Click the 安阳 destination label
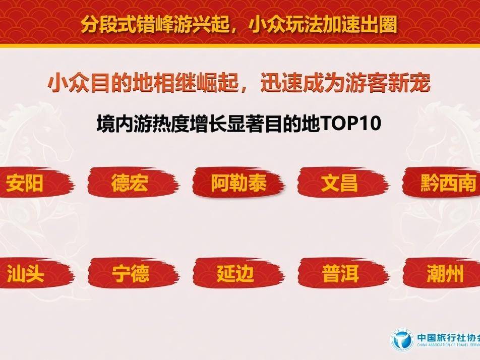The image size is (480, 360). [25, 183]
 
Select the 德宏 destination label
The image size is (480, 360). [130, 183]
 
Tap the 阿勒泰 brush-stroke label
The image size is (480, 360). [238, 183]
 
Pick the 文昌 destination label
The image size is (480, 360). [339, 183]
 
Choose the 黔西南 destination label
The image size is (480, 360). [448, 183]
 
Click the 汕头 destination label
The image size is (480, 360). [26, 273]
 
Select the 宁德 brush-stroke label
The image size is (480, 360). [131, 273]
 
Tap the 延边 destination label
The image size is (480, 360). [235, 273]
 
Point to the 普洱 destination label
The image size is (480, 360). [340, 273]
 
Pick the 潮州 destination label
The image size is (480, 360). [445, 273]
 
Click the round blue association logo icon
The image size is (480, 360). [402, 339]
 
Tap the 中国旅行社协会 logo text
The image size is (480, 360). [448, 337]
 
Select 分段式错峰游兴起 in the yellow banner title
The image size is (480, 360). [155, 25]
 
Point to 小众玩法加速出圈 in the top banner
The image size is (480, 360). [323, 25]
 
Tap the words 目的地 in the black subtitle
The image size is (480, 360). [292, 124]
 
